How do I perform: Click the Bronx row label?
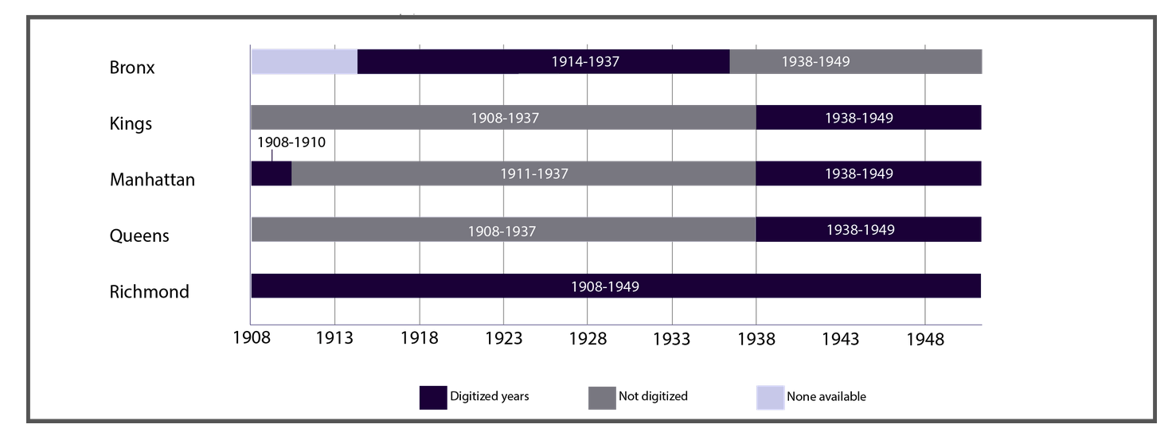click(132, 68)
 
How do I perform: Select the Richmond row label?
click(150, 292)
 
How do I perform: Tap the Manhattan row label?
click(152, 180)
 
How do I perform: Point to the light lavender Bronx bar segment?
click(304, 62)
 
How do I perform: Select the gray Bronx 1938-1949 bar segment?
click(855, 62)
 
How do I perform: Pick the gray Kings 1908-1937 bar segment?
click(503, 118)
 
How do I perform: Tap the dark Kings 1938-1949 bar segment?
click(868, 118)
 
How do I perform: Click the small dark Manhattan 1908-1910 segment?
click(271, 173)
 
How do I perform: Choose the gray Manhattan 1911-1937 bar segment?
click(523, 173)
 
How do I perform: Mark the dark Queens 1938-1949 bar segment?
click(868, 230)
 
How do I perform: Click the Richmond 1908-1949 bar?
click(615, 286)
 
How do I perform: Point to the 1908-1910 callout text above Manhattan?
click(291, 143)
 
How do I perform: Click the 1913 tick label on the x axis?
click(334, 339)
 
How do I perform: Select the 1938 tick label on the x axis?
click(756, 339)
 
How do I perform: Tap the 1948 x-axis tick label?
click(924, 339)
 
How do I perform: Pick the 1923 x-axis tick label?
click(503, 339)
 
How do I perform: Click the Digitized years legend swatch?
click(432, 397)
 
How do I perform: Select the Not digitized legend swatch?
click(601, 397)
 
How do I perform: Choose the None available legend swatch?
click(769, 397)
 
